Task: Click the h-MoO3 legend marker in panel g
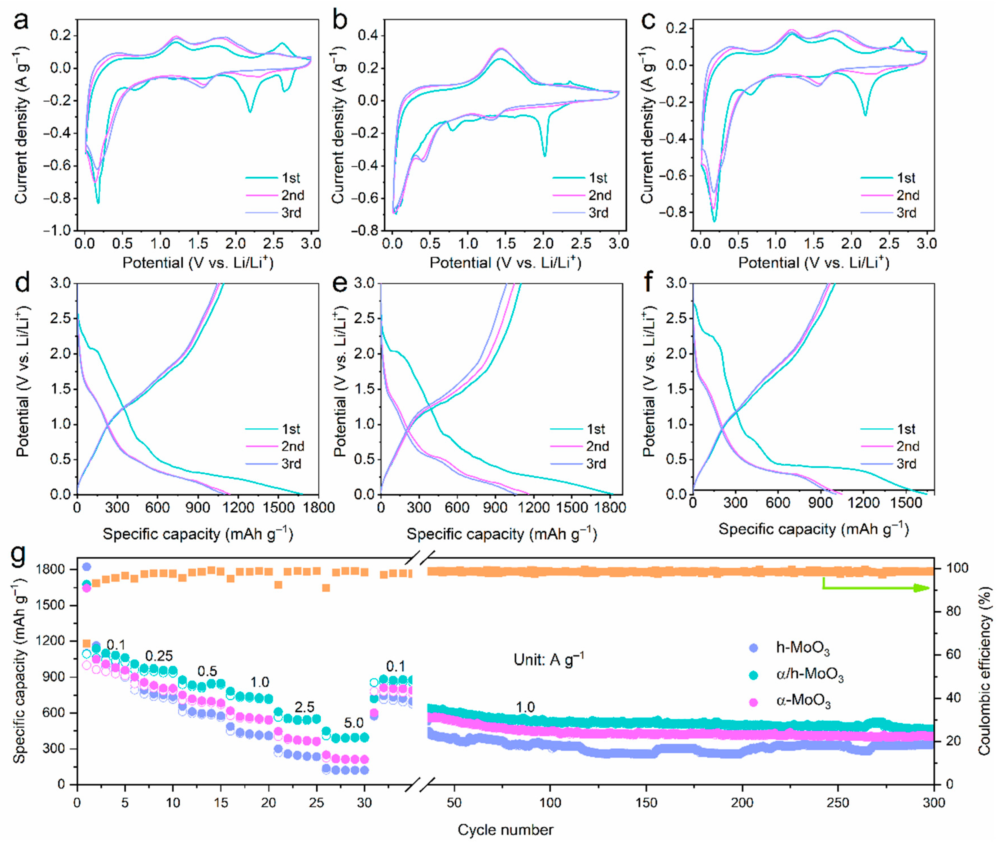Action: [754, 648]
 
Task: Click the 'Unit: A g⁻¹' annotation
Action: [548, 659]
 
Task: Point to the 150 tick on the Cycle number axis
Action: [646, 803]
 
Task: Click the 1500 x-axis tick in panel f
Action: [905, 503]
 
